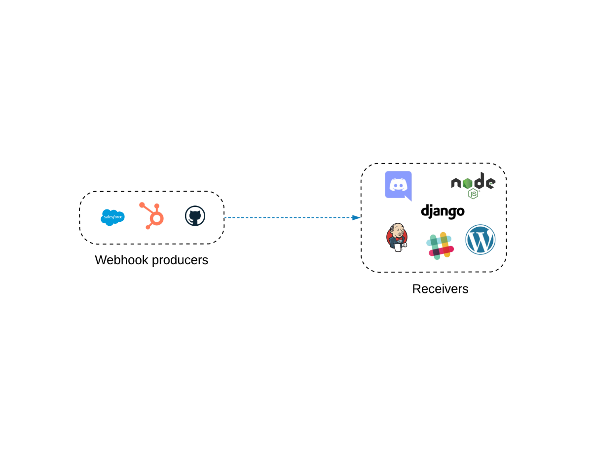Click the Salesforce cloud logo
pos(112,217)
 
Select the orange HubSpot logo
pos(152,215)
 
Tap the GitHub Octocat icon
pos(195,216)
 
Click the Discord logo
pos(398,185)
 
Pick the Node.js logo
pos(473,185)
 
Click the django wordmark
pos(443,211)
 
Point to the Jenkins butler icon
pos(397,237)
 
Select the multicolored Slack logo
pos(440,245)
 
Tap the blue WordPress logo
pos(480,240)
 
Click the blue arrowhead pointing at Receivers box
pos(356,218)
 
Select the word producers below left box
pos(180,260)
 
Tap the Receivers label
pos(440,289)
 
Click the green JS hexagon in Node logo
pos(474,194)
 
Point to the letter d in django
pos(425,210)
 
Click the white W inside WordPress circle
pos(480,240)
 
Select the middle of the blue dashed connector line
pos(291,218)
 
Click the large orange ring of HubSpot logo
pos(157,218)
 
